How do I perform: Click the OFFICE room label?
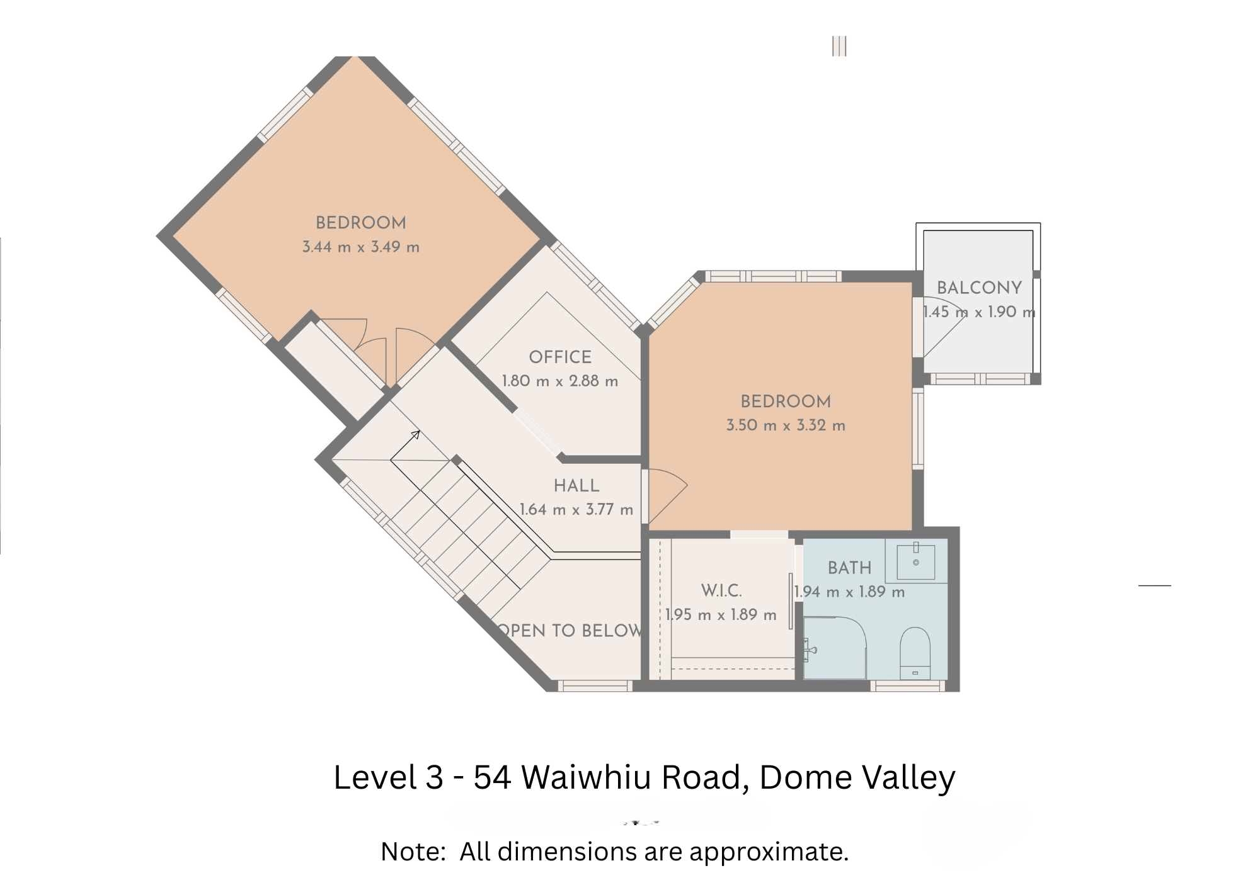pos(560,357)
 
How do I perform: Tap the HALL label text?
pos(576,485)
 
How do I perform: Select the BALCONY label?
pos(979,288)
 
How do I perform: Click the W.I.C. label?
pos(721,590)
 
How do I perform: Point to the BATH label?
pos(849,568)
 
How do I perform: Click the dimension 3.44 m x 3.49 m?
pos(361,247)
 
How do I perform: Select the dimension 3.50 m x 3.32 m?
pos(786,425)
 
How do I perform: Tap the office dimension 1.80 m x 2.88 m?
pos(560,381)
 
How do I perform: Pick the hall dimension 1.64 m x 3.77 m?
pos(576,509)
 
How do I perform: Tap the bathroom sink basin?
pos(916,562)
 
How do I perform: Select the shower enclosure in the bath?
pos(835,648)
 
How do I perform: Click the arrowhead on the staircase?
pos(415,434)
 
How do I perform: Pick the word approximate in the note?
pos(769,852)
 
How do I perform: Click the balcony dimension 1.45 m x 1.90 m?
pos(979,312)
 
